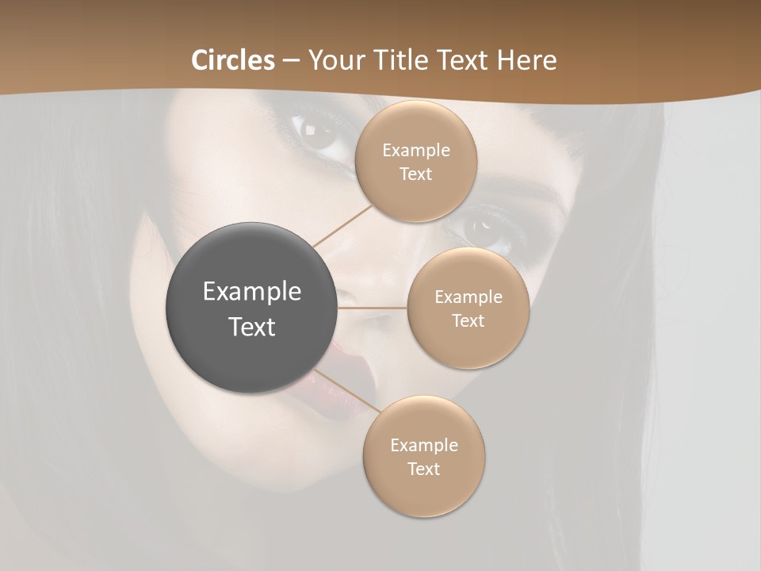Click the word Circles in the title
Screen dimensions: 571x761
coord(232,60)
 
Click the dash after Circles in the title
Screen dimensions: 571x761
coord(291,61)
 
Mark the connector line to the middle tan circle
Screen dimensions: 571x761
coord(373,308)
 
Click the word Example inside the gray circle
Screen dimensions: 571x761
coord(252,292)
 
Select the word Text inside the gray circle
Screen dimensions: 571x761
coord(252,327)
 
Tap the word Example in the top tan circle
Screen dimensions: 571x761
coord(416,151)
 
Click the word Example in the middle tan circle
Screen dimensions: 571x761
coord(468,297)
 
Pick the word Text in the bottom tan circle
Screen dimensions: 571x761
coord(424,469)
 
